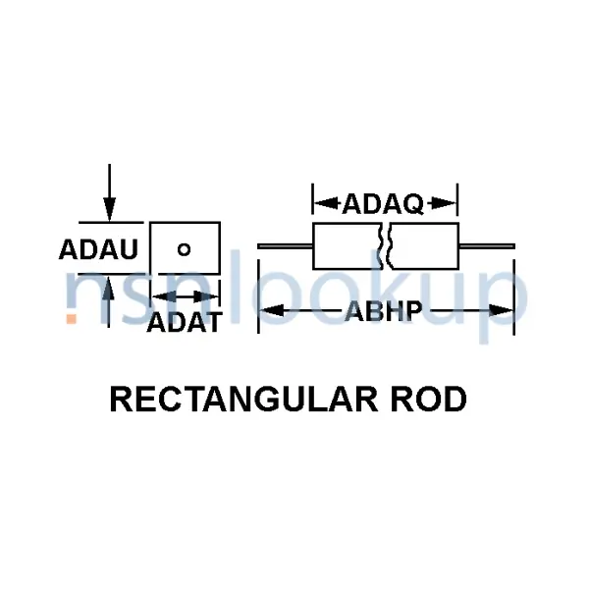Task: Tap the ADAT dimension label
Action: [x=184, y=322]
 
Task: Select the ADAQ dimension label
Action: [x=383, y=204]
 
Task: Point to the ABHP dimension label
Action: [x=383, y=312]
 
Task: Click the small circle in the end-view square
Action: [x=184, y=248]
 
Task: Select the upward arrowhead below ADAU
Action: [x=110, y=286]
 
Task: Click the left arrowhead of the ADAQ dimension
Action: [x=321, y=204]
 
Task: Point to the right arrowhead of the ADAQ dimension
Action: [x=450, y=204]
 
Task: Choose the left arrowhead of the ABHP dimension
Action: [x=268, y=312]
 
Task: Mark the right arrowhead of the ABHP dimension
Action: [x=505, y=312]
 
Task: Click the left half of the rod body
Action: [x=346, y=245]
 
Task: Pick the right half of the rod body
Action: [x=425, y=245]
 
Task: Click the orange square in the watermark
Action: [x=72, y=318]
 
